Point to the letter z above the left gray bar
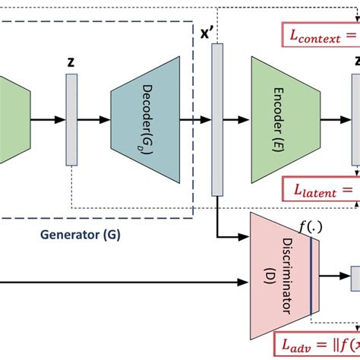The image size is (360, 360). coord(71,64)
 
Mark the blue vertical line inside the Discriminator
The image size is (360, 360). coord(311,274)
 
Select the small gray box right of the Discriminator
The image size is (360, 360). coord(354,278)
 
